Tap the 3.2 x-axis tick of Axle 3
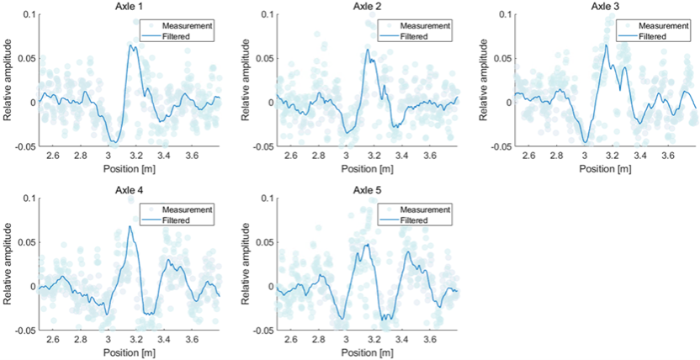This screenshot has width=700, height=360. click(x=612, y=156)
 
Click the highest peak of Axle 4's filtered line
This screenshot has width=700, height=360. click(x=130, y=225)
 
